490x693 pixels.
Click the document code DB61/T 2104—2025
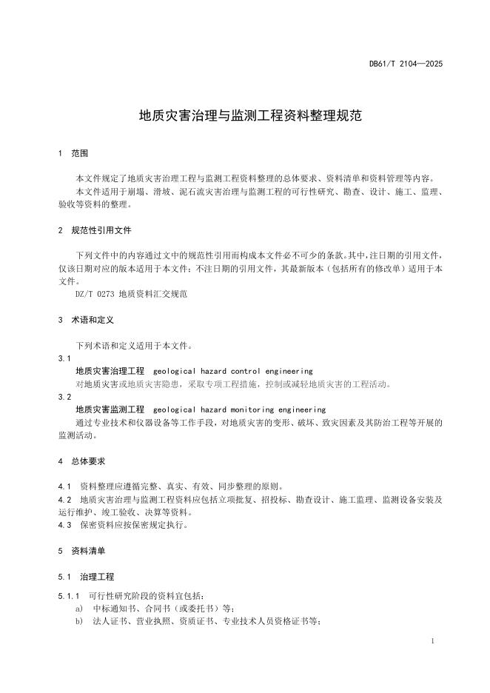point(406,64)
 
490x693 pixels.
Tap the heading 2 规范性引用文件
point(95,230)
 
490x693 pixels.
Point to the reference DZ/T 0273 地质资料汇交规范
point(132,294)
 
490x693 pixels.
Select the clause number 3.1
point(64,358)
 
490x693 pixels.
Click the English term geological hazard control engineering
point(232,370)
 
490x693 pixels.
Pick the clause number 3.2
point(64,397)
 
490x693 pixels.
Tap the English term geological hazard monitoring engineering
point(239,409)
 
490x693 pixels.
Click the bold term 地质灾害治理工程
point(110,370)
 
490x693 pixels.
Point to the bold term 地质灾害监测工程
point(110,409)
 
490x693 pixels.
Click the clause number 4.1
point(64,486)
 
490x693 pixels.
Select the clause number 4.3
point(64,525)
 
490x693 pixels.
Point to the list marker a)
point(79,608)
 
